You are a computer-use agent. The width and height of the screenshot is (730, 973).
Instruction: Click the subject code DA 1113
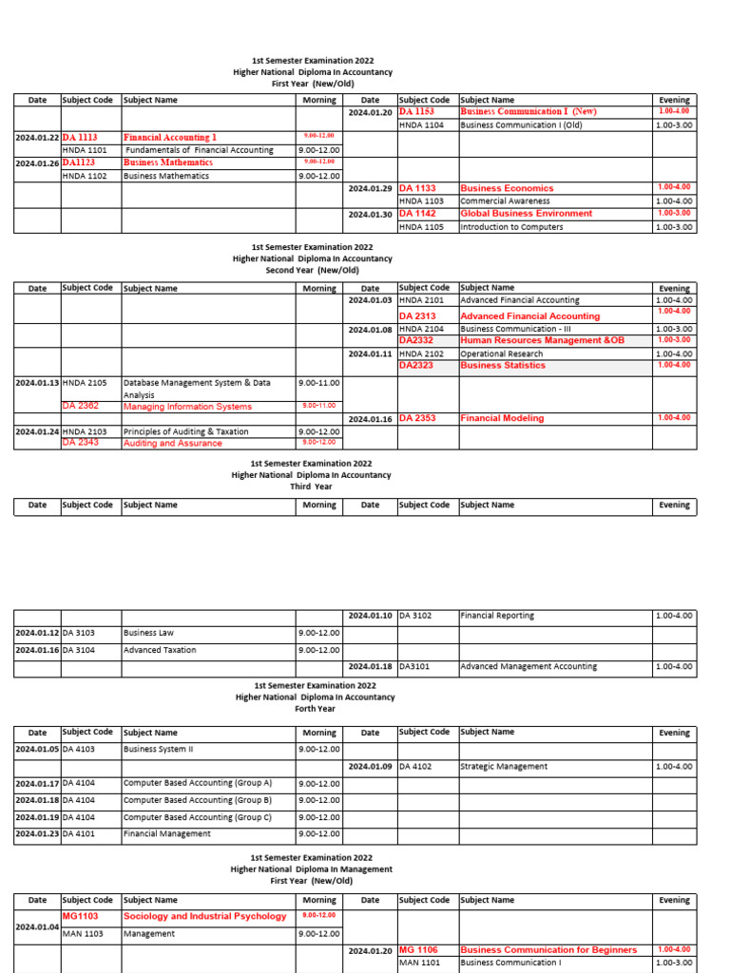(80, 137)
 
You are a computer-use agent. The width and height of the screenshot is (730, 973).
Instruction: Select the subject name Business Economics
(506, 188)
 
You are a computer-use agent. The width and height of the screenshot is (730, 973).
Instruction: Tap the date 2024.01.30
(371, 215)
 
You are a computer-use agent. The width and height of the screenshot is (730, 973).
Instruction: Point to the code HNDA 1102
(85, 176)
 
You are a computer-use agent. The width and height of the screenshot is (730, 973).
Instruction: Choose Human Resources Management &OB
(542, 340)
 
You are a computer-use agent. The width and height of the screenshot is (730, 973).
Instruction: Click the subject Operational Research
(502, 353)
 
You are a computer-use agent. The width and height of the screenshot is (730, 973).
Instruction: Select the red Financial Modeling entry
(502, 418)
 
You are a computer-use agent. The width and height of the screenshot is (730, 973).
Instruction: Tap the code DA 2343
(81, 443)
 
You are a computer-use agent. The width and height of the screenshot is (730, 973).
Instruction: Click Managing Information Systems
(187, 407)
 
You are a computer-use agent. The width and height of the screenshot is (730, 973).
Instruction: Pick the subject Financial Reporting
(497, 616)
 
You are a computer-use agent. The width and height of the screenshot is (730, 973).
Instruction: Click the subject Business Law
(148, 633)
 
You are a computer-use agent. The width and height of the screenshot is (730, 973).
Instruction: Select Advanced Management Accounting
(528, 667)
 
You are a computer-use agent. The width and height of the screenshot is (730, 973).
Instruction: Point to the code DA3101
(414, 667)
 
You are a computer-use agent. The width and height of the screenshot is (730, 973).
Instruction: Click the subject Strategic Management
(504, 766)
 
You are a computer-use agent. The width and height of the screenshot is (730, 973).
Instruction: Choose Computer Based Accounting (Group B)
(198, 800)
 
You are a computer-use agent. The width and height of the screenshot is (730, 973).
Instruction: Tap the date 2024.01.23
(37, 834)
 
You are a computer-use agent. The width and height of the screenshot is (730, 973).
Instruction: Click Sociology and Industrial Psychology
(204, 916)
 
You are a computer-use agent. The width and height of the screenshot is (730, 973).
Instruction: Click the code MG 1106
(418, 950)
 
